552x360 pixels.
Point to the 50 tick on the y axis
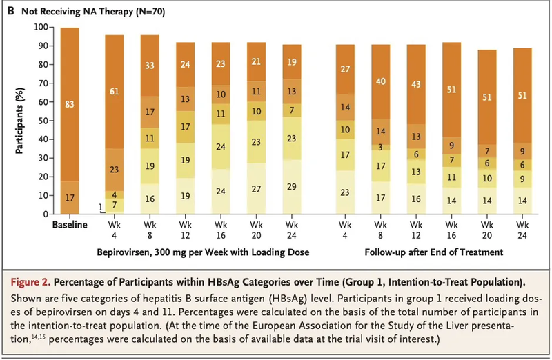43,121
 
